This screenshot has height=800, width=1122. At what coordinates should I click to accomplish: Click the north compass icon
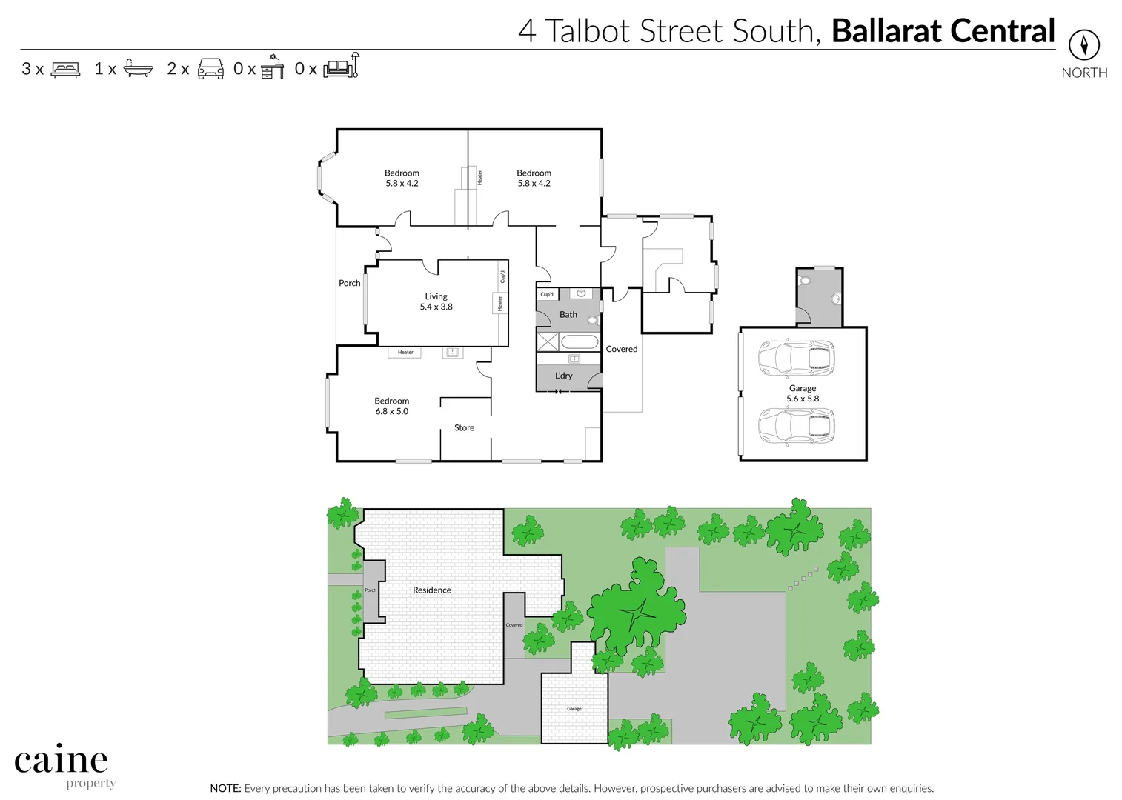[x=1083, y=45]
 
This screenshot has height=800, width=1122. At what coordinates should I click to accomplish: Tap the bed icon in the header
[x=65, y=70]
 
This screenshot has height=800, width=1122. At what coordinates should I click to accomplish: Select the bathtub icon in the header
[x=138, y=69]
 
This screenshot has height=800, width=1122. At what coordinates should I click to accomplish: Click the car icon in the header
[x=210, y=69]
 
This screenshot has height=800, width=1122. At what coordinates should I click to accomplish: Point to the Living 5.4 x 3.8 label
[x=436, y=301]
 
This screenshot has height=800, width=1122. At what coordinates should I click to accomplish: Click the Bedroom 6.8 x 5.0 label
[x=391, y=406]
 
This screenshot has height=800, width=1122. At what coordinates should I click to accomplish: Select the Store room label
[x=464, y=427]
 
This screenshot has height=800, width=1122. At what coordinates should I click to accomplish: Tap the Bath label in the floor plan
[x=568, y=315]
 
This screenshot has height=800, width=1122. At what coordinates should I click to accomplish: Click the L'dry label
[x=563, y=376]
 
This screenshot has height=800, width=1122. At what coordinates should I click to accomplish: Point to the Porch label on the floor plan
[x=349, y=283]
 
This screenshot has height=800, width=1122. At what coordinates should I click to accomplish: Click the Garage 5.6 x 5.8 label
[x=803, y=393]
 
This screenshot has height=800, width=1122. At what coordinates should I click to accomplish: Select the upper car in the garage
[x=796, y=359]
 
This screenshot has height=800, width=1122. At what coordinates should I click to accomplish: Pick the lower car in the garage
[x=796, y=427]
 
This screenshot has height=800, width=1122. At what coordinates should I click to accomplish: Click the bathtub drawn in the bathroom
[x=580, y=342]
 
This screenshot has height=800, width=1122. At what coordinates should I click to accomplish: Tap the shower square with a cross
[x=548, y=341]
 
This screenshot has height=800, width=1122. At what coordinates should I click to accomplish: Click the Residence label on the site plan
[x=431, y=590]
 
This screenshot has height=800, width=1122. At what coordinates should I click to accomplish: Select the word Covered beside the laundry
[x=621, y=349]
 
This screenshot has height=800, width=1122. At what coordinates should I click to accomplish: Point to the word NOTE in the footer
[x=225, y=789]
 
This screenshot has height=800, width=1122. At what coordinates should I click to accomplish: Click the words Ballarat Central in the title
[x=943, y=31]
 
